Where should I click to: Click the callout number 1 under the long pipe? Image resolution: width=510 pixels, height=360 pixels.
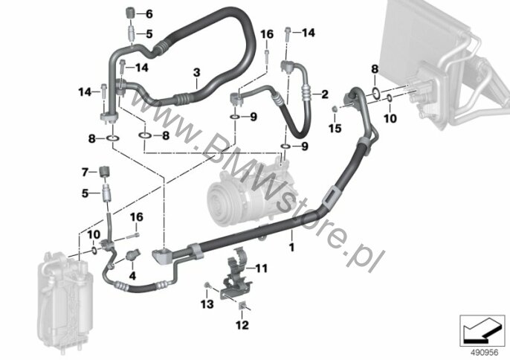tap(291, 247)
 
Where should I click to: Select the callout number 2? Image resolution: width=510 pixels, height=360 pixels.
tap(325, 94)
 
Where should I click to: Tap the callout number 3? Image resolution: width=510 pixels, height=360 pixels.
tap(196, 73)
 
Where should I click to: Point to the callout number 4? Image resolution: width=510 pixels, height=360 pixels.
tap(132, 276)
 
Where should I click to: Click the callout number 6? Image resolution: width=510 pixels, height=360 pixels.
tap(149, 14)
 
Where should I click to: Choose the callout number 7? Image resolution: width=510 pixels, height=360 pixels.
tap(85, 172)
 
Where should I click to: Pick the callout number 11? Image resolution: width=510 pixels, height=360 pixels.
tap(261, 269)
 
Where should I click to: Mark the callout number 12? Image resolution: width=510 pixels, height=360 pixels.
tap(242, 324)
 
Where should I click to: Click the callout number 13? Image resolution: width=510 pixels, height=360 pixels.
tap(207, 304)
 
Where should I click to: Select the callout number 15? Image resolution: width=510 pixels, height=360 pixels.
tap(335, 128)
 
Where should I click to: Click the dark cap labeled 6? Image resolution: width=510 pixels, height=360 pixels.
tap(130, 13)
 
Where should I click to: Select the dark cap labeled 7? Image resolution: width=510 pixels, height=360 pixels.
tap(104, 171)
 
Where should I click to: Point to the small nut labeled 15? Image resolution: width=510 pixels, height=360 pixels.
tap(334, 108)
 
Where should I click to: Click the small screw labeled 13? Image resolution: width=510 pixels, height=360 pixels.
tap(207, 286)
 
